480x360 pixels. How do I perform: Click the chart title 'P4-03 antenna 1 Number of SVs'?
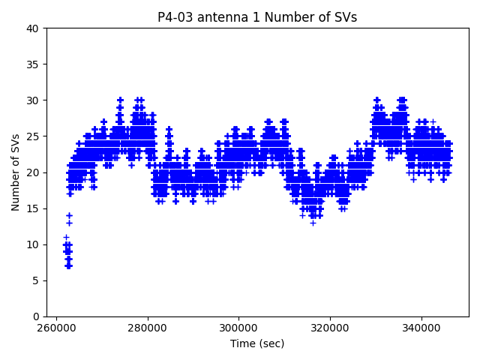pos(257,17)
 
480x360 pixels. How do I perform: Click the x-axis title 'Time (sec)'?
pos(257,343)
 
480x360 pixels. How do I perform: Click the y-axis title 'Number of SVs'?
pos(16,172)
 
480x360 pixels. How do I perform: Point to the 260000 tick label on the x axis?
pos(56,328)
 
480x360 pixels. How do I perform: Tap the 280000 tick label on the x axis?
pos(148,328)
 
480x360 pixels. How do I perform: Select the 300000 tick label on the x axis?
pos(239,328)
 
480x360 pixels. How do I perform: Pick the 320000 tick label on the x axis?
pos(331,328)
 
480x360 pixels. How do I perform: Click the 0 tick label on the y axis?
pos(37,316)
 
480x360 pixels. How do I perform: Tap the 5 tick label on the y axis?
pos(37,280)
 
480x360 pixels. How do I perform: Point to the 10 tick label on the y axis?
pos(34,244)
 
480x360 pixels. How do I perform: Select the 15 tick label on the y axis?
pos(34,208)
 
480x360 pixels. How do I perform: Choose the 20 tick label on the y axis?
pos(34,172)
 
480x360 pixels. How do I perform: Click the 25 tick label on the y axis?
pos(34,136)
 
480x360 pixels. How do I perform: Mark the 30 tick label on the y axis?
pos(34,100)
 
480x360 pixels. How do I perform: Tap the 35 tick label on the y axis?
pos(34,64)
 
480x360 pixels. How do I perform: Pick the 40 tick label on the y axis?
pos(34,28)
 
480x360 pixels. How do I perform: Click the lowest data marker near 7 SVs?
pos(68,265)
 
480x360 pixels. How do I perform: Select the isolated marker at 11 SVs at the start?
pos(66,237)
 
